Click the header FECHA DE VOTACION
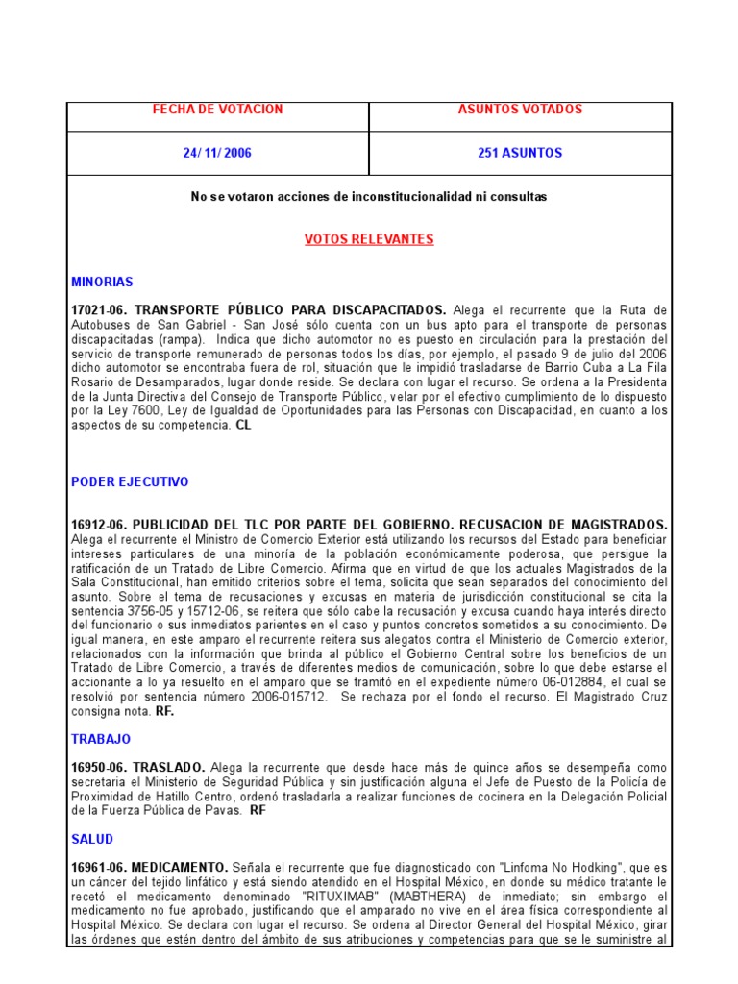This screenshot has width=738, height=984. [x=218, y=110]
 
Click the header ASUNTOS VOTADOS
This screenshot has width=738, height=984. [x=520, y=110]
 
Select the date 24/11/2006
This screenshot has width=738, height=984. [x=218, y=153]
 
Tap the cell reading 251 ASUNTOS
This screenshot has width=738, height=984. [x=520, y=153]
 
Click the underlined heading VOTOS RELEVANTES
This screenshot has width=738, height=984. [x=369, y=239]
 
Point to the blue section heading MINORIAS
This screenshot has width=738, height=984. [x=102, y=283]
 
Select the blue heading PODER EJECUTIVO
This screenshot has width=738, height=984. [x=130, y=482]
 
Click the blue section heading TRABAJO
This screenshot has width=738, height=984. [x=101, y=740]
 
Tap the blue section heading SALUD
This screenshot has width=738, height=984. [x=92, y=840]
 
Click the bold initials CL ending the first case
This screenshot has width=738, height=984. [x=243, y=425]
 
